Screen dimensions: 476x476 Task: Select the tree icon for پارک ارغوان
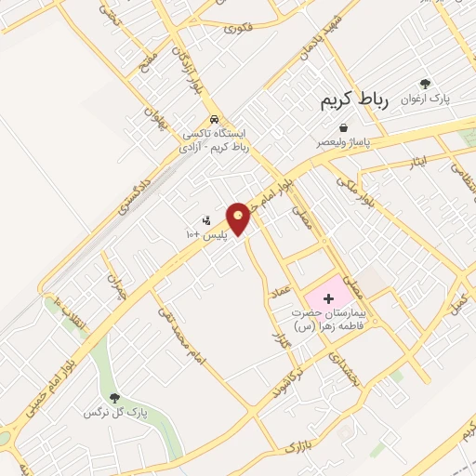pyautogui.click(x=426, y=84)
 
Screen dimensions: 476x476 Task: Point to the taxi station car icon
pyautogui.click(x=215, y=120)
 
